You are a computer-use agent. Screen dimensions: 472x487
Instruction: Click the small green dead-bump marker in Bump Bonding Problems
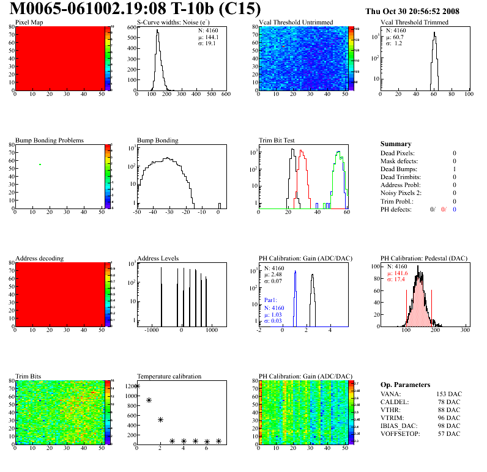(40, 164)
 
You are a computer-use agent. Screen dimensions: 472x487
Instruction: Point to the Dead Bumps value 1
(454, 169)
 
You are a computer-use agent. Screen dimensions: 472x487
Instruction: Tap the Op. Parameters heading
(405, 385)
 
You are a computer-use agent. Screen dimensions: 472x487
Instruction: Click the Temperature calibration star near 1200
(137, 386)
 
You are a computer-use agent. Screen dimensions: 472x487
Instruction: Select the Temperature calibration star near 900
(149, 400)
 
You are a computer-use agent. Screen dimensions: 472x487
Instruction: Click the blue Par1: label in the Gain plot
(272, 300)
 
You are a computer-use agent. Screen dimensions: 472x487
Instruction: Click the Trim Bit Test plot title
(277, 140)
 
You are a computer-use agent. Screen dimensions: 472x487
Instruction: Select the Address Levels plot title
(158, 259)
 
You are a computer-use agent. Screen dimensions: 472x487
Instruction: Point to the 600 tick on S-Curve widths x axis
(225, 94)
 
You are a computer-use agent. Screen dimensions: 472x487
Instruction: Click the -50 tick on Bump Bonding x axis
(136, 212)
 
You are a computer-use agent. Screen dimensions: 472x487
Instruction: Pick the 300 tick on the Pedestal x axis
(465, 330)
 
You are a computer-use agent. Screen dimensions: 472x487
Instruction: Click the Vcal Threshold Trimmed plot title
(414, 22)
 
